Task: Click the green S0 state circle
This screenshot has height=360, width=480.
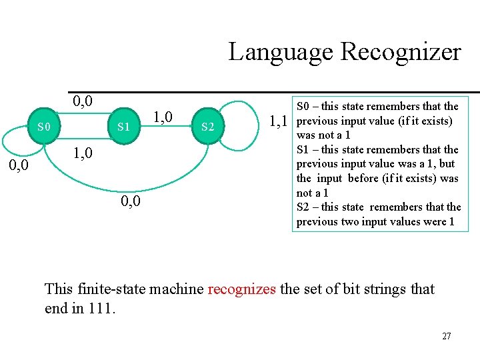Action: point(43,125)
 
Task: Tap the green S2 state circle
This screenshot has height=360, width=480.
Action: point(207,126)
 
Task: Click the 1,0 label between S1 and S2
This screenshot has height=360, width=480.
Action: point(163,117)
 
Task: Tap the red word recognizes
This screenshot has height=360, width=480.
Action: point(241,289)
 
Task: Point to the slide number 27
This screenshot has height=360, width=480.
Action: point(446,336)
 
